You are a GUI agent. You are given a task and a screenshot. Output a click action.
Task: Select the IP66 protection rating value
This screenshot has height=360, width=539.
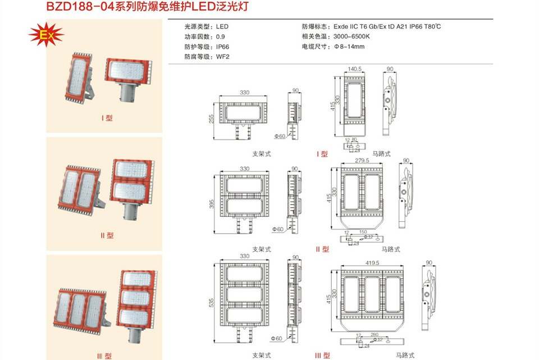[222, 47]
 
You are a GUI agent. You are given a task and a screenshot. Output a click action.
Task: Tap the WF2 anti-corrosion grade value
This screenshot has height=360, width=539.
[223, 57]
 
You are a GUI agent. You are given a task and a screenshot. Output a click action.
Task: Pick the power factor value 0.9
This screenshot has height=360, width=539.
[221, 37]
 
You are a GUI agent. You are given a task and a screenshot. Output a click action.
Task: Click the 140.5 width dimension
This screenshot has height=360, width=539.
[354, 69]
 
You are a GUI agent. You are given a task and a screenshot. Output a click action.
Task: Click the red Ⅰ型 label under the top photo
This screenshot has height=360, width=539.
[107, 118]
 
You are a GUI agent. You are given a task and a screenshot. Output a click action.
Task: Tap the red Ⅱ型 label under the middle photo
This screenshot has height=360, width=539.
[107, 235]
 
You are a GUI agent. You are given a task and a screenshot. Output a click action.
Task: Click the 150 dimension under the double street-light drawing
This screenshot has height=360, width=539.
[363, 231]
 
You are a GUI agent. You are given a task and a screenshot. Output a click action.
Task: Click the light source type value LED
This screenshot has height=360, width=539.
[222, 26]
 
